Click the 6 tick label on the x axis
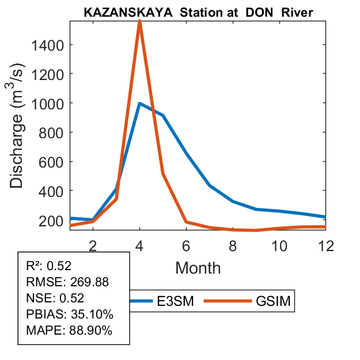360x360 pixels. tap(187, 245)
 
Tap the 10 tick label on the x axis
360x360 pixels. tap(280, 245)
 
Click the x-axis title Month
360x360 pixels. tap(198, 267)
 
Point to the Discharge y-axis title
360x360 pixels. tap(21, 126)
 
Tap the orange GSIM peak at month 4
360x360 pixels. tap(139, 22)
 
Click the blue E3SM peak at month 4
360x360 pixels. tap(139, 104)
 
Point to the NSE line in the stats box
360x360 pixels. tap(55, 298)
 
